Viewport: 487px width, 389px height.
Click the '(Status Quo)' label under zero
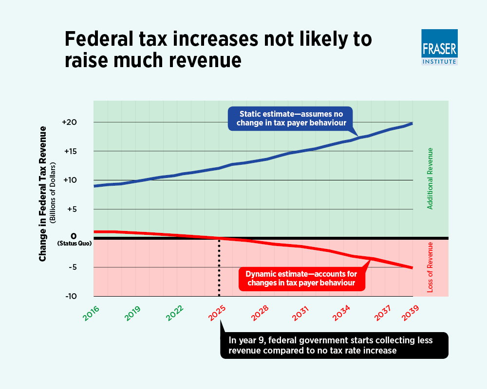point(74,243)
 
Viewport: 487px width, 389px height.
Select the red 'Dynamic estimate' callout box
point(303,278)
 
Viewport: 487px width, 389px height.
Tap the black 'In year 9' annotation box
point(334,345)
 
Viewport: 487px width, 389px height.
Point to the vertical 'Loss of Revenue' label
point(430,267)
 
